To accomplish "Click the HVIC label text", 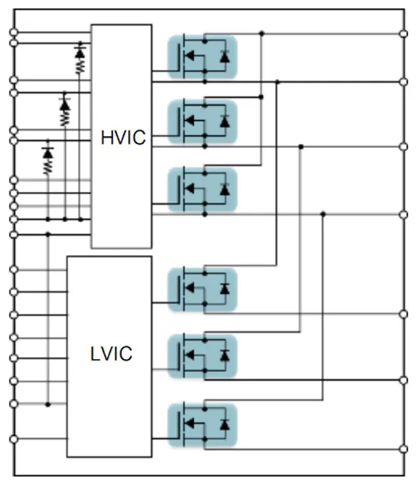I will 123,137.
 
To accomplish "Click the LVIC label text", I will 111,355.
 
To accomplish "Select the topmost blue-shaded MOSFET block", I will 203,57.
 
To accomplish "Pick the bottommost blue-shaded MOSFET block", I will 203,426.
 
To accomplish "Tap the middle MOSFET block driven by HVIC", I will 203,122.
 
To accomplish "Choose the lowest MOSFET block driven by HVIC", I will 203,189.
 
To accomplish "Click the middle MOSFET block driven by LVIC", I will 203,356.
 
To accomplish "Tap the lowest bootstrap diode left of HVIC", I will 48,151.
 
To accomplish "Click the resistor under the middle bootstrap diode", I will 65,119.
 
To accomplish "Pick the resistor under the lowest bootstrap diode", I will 48,166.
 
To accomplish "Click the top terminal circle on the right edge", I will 403,32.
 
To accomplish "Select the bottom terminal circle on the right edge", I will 403,450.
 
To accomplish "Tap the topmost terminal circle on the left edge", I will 12,32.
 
